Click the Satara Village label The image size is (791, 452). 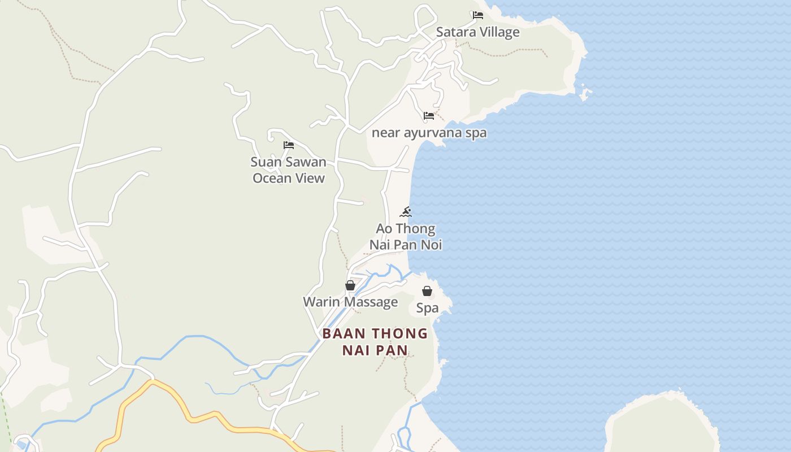(x=477, y=32)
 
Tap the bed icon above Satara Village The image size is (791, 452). (x=478, y=15)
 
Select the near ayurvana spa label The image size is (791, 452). (x=429, y=133)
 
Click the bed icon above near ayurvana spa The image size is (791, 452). (x=429, y=116)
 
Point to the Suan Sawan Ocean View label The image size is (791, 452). (x=289, y=170)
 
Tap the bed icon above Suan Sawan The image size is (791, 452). (x=289, y=145)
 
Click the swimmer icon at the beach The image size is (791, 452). (x=406, y=212)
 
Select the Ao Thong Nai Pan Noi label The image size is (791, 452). (x=406, y=237)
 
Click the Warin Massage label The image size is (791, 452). (x=350, y=302)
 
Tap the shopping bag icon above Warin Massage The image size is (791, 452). (x=350, y=285)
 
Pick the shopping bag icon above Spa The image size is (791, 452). (x=427, y=291)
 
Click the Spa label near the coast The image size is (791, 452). (x=427, y=308)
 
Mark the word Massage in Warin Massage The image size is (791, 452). (x=371, y=302)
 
